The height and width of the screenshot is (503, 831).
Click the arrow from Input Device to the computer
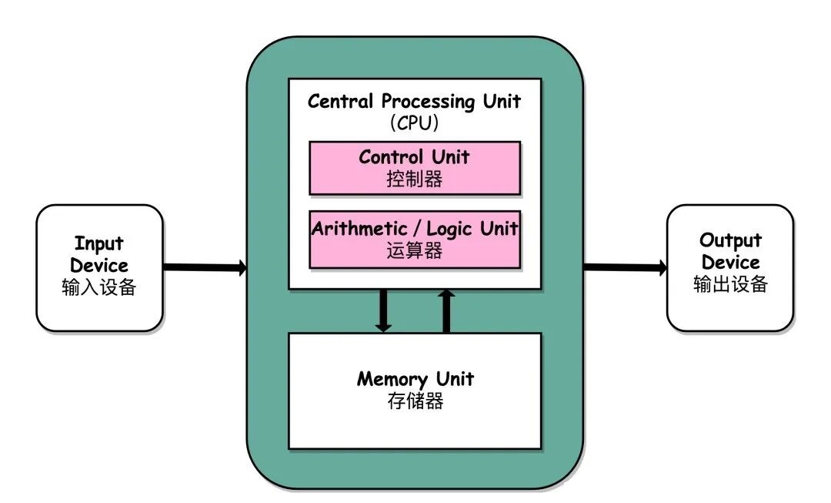(x=204, y=267)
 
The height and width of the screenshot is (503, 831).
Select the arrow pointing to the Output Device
(x=625, y=267)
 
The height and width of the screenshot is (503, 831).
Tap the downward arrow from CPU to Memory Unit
(x=383, y=310)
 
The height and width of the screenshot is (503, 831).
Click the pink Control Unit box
(x=415, y=167)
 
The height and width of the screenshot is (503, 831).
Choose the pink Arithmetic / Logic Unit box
(x=415, y=240)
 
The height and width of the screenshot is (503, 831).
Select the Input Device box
(x=99, y=267)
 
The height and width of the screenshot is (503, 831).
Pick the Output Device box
(x=729, y=267)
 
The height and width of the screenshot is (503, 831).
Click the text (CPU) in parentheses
(x=414, y=122)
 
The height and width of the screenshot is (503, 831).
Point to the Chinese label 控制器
(x=414, y=179)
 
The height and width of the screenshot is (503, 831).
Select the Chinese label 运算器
(x=414, y=250)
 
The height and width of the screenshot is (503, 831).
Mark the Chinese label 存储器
(x=415, y=401)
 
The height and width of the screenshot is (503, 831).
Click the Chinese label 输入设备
(x=99, y=287)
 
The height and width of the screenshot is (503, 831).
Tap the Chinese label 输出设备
(x=730, y=283)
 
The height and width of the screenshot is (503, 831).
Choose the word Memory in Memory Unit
(x=392, y=380)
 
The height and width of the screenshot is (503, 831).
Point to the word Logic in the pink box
(x=449, y=229)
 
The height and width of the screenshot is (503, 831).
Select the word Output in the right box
(x=730, y=240)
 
